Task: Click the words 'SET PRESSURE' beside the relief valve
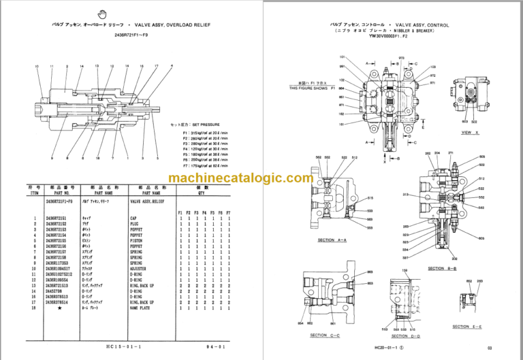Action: coord(199,125)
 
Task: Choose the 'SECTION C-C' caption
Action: coord(327,335)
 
